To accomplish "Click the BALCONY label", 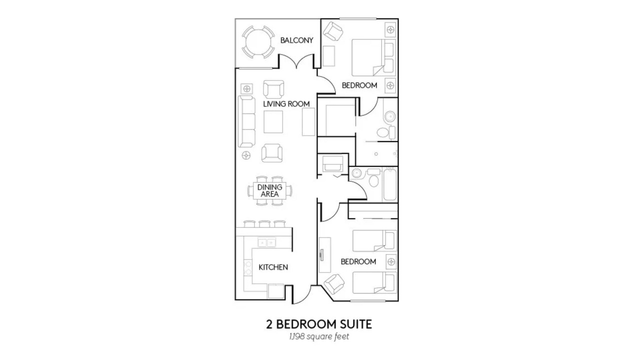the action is click(296, 40).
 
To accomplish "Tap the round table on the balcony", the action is click(258, 42).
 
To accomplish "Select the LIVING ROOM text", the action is click(286, 103).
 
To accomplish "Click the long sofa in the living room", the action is click(246, 121).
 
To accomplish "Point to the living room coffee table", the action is click(273, 122).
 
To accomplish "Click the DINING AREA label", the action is click(269, 190).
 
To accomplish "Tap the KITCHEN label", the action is click(273, 267).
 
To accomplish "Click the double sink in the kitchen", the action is click(266, 243).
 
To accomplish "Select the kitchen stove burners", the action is click(247, 267).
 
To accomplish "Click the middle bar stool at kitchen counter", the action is click(264, 223).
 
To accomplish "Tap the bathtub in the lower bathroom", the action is click(390, 185).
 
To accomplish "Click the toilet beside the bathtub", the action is click(373, 178).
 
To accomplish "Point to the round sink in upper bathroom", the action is click(390, 116).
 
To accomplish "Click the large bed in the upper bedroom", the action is click(373, 57).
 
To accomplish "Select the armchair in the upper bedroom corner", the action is click(333, 31).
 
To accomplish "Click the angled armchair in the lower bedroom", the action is click(334, 283).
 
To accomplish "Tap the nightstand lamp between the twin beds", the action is click(391, 261).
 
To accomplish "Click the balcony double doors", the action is click(296, 61).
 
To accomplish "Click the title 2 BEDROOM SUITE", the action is click(319, 324).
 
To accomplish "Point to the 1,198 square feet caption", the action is click(319, 336).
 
